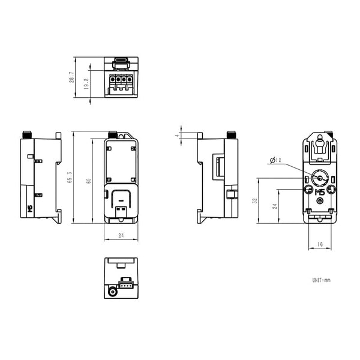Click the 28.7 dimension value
pyautogui.click(x=71, y=77)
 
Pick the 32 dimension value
pyautogui.click(x=255, y=201)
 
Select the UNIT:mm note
pyautogui.click(x=321, y=280)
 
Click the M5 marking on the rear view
pyautogui.click(x=319, y=191)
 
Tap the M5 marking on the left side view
pyautogui.click(x=30, y=209)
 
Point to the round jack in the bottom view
pyautogui.click(x=112, y=293)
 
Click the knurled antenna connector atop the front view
pyautogui.click(x=112, y=134)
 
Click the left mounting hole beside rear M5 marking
pyautogui.click(x=308, y=190)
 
